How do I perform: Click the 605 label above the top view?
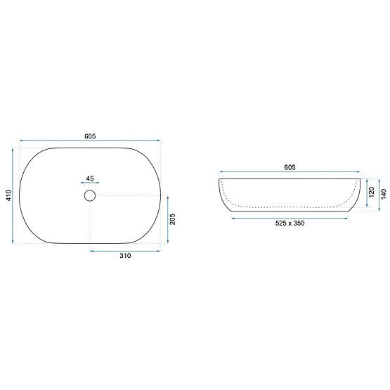click(90, 136)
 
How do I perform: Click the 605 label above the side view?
click(290, 167)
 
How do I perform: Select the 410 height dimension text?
click(8, 196)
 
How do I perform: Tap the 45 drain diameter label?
click(90, 178)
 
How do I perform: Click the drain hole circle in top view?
click(90, 195)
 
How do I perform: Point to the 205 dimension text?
click(173, 220)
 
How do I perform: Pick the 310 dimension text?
click(126, 256)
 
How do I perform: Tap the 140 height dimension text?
click(384, 194)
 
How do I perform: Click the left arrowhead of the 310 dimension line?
click(92, 249)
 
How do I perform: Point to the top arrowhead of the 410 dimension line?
click(13, 150)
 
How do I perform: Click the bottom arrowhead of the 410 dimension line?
click(13, 242)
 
